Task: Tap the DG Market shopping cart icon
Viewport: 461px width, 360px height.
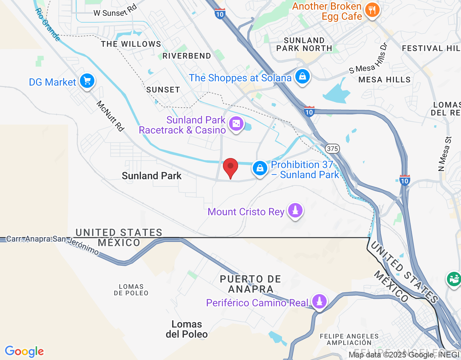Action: [87, 81]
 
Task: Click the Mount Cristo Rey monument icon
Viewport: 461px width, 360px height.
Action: [295, 211]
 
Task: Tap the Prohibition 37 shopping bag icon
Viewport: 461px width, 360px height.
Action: [260, 168]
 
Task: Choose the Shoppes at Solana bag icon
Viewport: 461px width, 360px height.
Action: [302, 76]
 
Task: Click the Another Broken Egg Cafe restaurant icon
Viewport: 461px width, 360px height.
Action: [372, 10]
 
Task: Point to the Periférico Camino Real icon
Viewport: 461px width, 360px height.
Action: [319, 302]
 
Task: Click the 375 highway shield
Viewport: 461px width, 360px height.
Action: [332, 148]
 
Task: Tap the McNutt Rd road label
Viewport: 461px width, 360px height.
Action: [110, 116]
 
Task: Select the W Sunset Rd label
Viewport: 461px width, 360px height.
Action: [115, 11]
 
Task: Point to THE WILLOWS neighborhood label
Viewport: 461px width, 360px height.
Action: [131, 44]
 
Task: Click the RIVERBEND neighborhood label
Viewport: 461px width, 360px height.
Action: [187, 56]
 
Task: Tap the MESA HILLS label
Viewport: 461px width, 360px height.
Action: [384, 80]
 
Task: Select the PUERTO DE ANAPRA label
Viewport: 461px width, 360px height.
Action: [251, 284]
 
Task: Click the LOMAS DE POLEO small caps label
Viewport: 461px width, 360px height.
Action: [131, 290]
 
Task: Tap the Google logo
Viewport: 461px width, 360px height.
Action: [24, 351]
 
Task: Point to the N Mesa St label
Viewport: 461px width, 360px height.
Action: [445, 154]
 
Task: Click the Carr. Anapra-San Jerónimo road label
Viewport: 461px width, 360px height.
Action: [53, 244]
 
